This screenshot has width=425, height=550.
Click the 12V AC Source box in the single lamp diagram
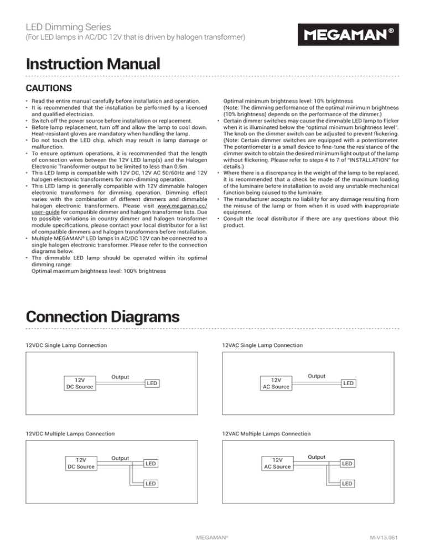coord(277,383)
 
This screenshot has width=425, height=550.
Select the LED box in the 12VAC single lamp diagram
coord(349,382)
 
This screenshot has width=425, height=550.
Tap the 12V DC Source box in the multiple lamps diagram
coord(80,463)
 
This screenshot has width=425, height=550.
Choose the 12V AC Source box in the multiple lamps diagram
coord(277,463)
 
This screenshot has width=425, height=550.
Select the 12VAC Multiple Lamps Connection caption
coord(266,434)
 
